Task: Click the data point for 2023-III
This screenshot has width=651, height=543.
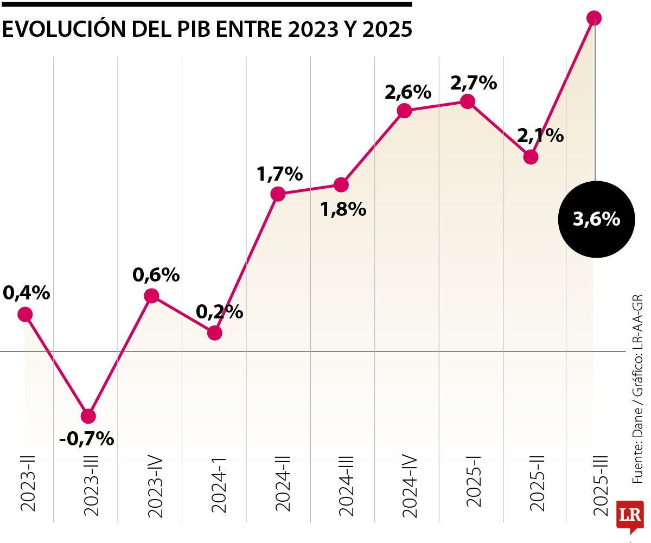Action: tap(88, 416)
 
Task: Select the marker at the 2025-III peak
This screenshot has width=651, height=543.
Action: tap(595, 18)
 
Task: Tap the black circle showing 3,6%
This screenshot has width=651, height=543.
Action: tap(596, 219)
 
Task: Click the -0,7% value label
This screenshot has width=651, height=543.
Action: tap(87, 438)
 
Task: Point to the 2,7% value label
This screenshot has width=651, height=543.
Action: tap(474, 83)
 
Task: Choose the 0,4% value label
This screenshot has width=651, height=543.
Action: tap(26, 293)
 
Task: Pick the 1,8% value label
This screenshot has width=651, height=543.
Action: tap(343, 209)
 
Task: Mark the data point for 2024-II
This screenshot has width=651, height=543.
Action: tap(278, 194)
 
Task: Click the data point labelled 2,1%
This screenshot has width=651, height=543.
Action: tap(531, 157)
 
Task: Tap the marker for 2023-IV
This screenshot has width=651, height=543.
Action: tap(151, 296)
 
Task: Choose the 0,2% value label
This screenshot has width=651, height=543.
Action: tap(219, 312)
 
